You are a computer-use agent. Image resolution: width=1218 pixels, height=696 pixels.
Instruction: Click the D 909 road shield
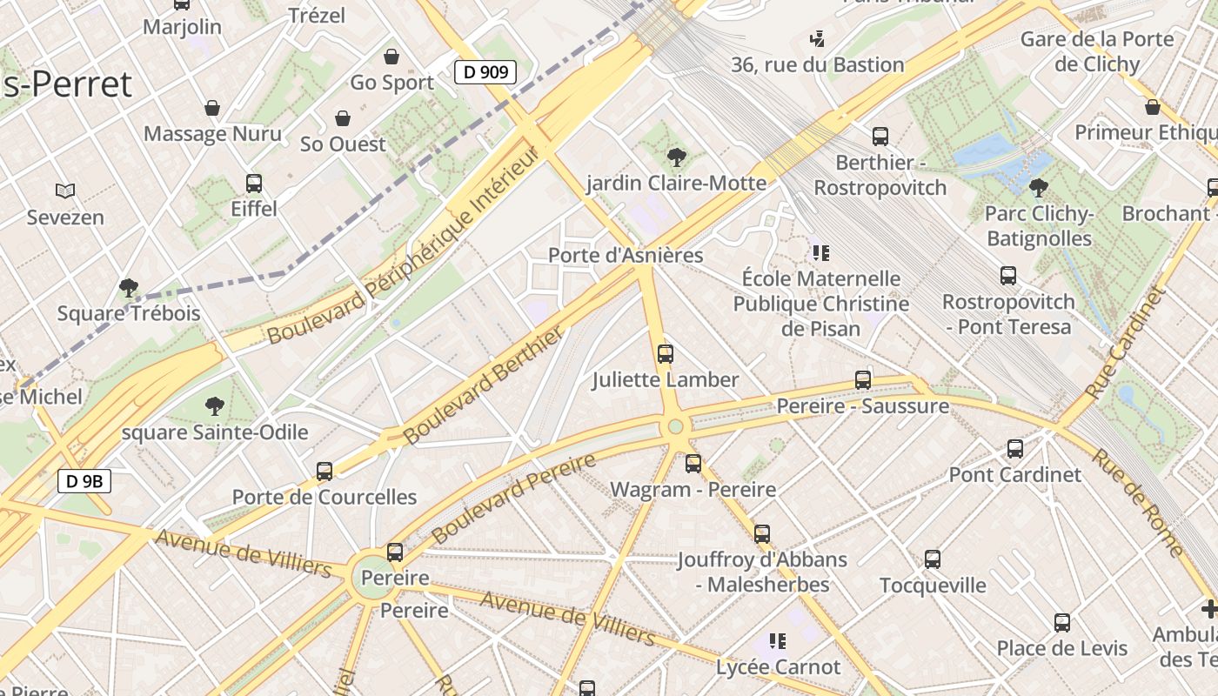(485, 72)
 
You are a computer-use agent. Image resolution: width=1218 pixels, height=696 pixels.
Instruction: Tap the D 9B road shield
(84, 480)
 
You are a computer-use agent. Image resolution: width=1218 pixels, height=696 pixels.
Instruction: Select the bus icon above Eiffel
(254, 184)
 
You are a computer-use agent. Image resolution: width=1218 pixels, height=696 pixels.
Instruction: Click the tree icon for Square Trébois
(129, 287)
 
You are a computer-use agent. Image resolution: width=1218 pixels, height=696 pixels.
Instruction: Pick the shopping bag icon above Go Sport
(391, 57)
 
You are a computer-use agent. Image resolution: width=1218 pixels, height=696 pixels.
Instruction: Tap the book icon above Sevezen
(64, 191)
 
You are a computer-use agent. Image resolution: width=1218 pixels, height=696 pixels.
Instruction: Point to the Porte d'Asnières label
(625, 256)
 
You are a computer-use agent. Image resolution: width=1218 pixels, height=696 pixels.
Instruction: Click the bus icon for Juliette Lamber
(666, 353)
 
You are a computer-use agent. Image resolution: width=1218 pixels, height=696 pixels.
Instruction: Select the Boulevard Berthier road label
(483, 387)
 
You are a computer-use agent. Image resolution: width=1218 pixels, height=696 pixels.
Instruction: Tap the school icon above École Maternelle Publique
(820, 253)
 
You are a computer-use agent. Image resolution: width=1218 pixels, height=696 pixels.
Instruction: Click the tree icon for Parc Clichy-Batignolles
(1038, 187)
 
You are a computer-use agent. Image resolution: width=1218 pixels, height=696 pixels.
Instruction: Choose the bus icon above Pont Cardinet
(1015, 449)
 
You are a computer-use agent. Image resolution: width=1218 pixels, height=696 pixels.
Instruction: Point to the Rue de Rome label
(1138, 503)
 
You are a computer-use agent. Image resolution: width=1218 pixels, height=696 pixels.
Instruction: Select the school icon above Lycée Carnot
(778, 641)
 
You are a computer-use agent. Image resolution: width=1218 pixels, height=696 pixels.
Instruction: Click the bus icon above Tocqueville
(933, 559)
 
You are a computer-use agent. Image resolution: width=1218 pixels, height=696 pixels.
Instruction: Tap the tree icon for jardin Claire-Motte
(676, 157)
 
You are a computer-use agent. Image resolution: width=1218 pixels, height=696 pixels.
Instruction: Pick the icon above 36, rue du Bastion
(817, 38)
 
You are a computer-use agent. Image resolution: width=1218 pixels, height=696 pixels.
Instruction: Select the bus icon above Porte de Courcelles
(325, 471)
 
